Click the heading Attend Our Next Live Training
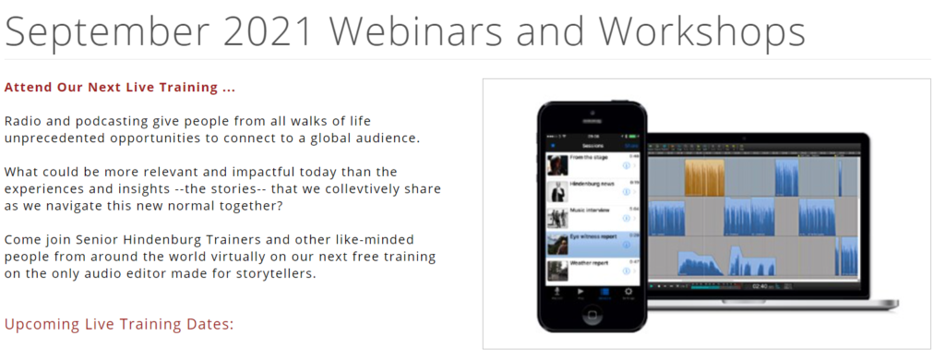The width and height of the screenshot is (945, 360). coord(120,88)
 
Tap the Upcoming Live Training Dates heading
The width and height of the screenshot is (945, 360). coord(120,324)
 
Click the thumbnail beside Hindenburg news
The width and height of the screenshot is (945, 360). coord(556,191)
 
